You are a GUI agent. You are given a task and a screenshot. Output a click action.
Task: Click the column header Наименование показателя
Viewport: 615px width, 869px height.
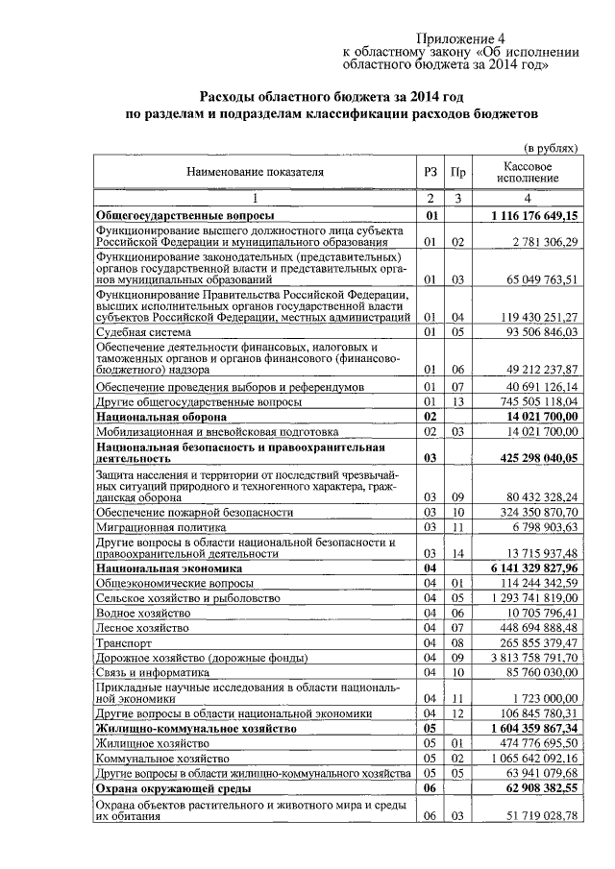click(x=255, y=172)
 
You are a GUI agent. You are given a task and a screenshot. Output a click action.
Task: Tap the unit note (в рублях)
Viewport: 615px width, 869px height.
click(x=551, y=149)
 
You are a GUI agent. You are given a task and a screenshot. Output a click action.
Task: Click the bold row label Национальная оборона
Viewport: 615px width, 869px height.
click(x=160, y=418)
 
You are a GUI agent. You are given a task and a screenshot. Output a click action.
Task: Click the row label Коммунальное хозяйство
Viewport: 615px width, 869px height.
click(x=160, y=758)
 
